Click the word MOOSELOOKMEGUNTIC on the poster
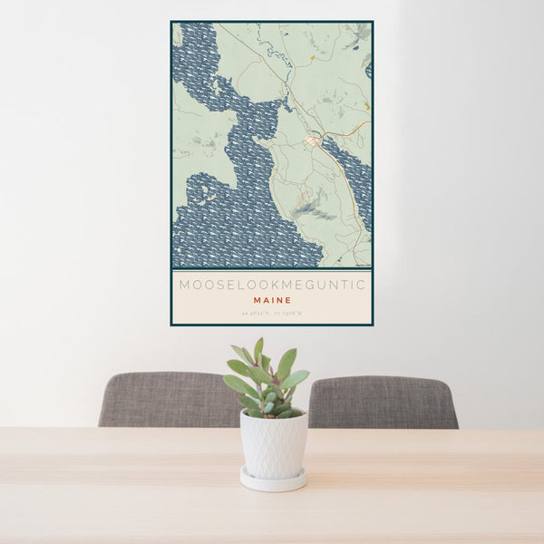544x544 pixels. click(x=272, y=285)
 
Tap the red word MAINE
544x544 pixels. click(x=272, y=300)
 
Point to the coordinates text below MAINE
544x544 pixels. click(x=272, y=314)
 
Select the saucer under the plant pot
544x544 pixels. click(x=273, y=480)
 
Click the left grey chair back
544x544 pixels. click(x=169, y=399)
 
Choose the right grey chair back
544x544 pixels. click(x=383, y=402)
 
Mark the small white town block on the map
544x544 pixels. click(x=312, y=141)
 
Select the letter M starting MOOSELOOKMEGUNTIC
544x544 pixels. click(x=183, y=285)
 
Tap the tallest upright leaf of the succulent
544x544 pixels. click(x=258, y=349)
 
